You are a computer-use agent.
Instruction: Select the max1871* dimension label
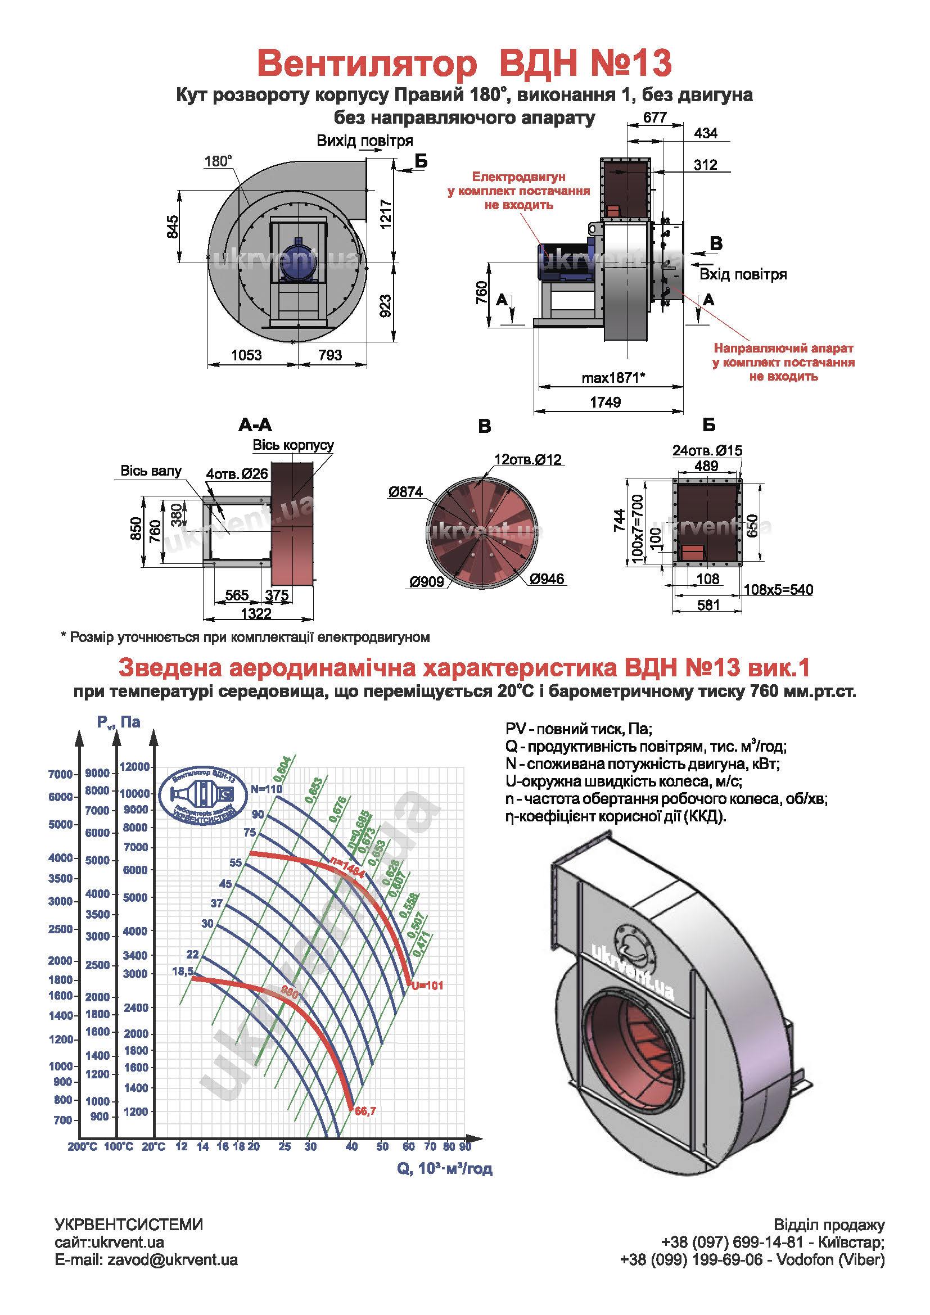[x=613, y=378]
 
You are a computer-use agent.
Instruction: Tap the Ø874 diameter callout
[x=405, y=492]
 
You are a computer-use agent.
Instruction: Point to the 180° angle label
[x=218, y=161]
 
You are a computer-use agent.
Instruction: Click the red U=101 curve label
[x=427, y=986]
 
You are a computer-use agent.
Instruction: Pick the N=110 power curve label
[x=267, y=789]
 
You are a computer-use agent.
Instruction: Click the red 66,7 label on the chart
[x=365, y=1111]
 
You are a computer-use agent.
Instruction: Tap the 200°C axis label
[x=83, y=1146]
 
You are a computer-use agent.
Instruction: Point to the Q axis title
[x=444, y=1168]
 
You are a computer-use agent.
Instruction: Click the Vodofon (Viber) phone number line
[x=752, y=1259]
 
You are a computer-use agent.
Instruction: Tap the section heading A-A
[x=255, y=425]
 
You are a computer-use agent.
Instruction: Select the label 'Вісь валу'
[x=151, y=471]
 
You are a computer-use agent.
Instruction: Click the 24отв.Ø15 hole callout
[x=707, y=451]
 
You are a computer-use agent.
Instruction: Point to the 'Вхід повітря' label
[x=743, y=274]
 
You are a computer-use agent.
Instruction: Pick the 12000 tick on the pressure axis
[x=135, y=767]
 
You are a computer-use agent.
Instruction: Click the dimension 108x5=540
[x=778, y=590]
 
